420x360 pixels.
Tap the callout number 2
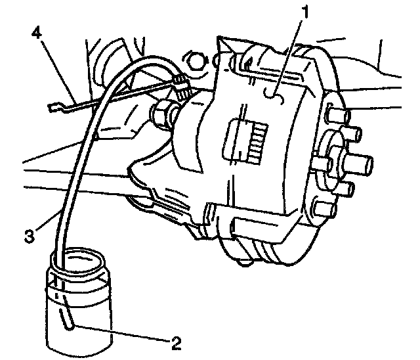175,342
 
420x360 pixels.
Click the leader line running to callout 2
125,333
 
